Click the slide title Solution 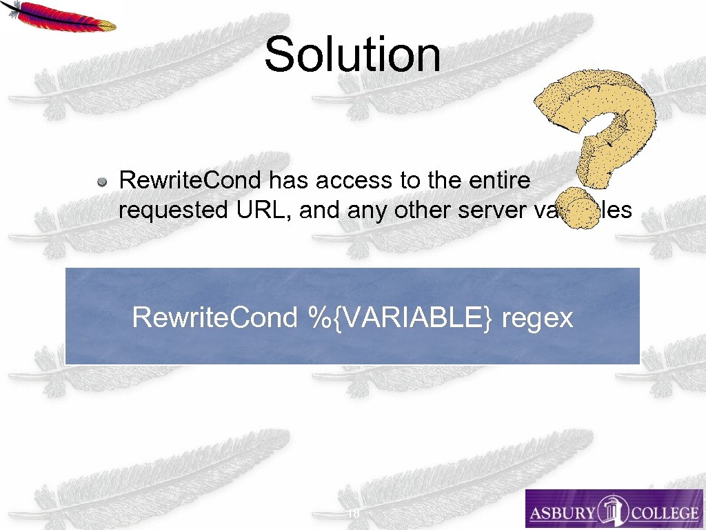(x=352, y=55)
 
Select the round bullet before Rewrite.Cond (x=101, y=182)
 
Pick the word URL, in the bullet (x=268, y=210)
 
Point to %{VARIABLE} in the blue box (x=396, y=317)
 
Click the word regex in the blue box (x=538, y=319)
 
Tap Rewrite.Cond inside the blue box (x=214, y=317)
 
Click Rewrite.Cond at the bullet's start (x=190, y=181)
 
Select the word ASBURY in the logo (x=562, y=513)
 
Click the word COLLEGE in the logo (x=663, y=513)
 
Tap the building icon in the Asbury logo (x=612, y=509)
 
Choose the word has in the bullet (x=287, y=181)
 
